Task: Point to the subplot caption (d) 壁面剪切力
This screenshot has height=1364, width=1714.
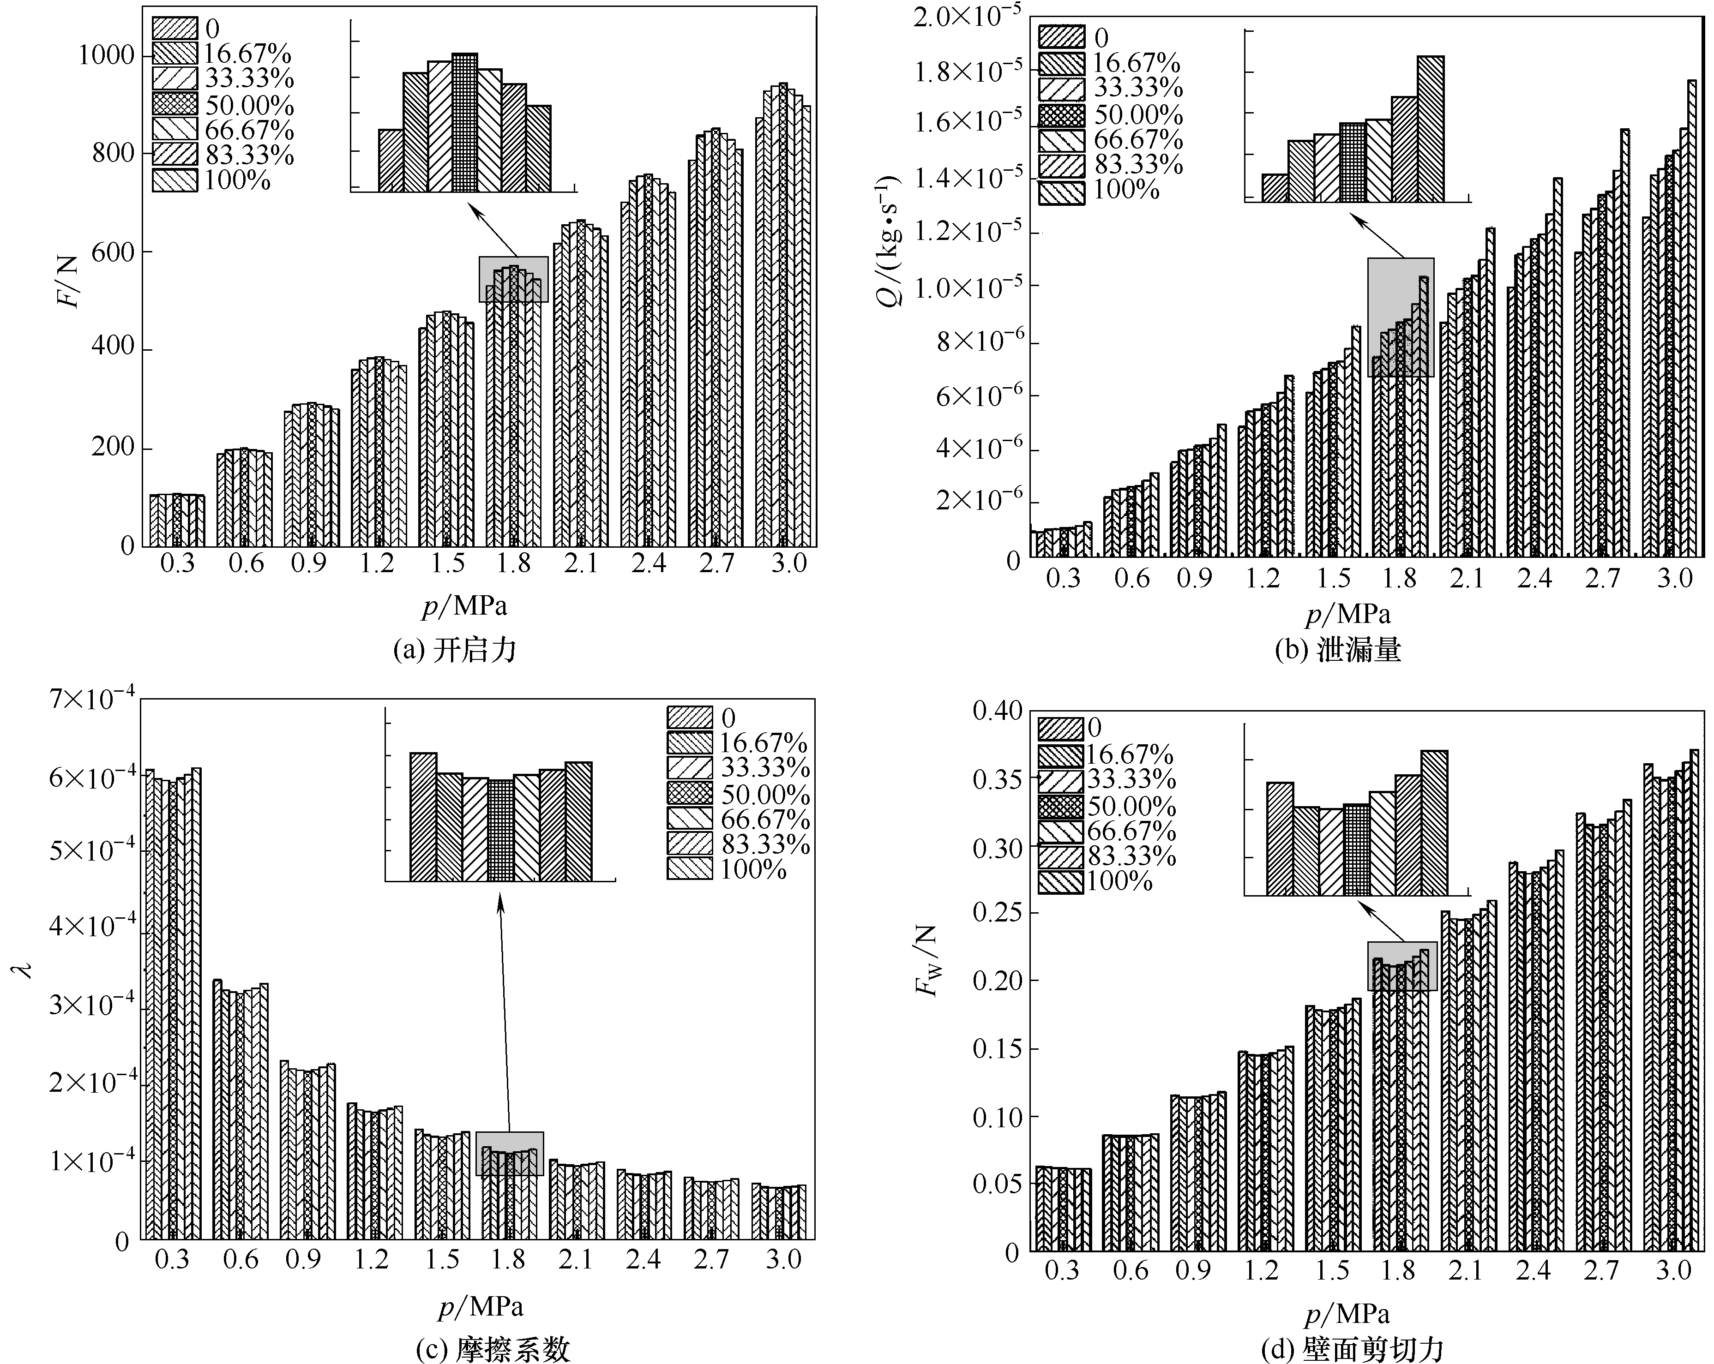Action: click(x=1352, y=1350)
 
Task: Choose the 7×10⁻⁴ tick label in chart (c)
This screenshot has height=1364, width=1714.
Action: click(x=91, y=700)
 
